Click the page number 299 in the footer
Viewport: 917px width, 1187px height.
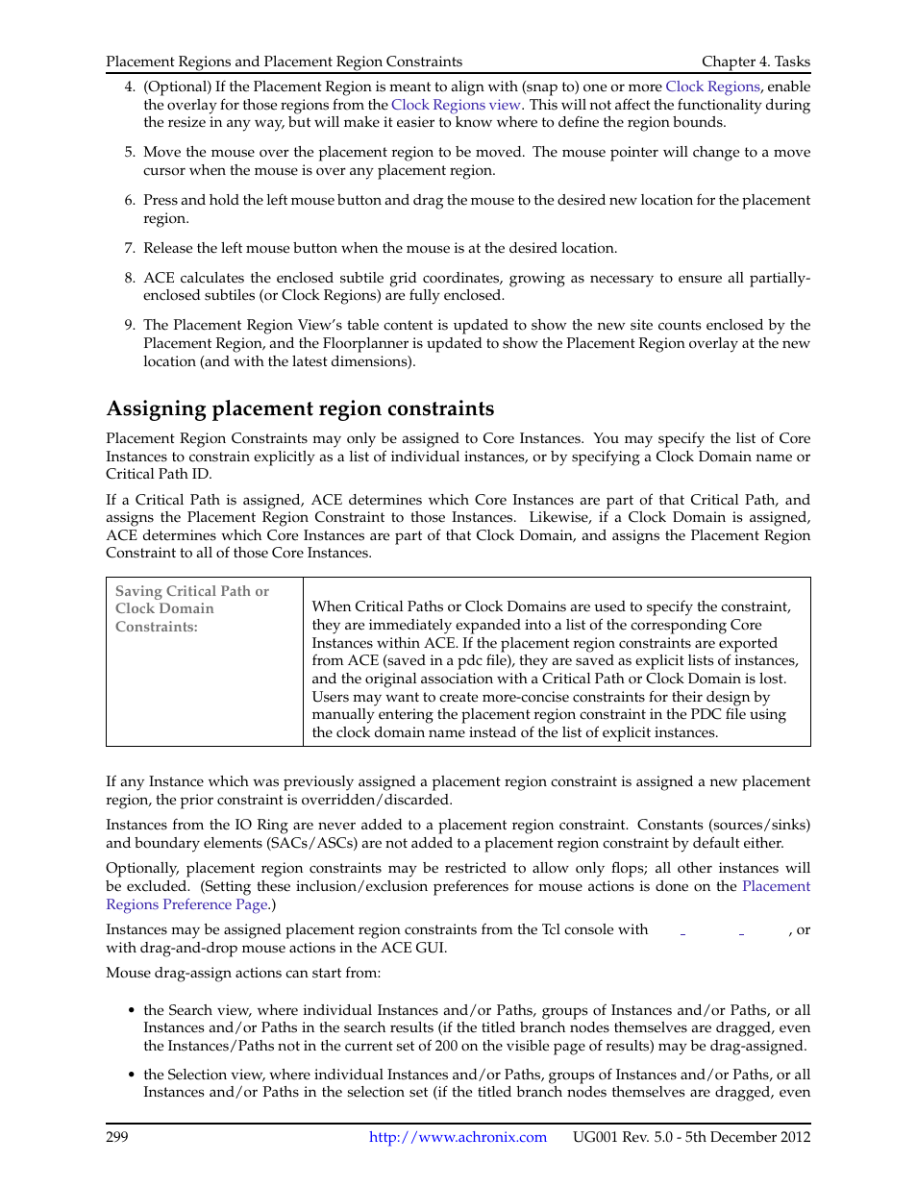117,1137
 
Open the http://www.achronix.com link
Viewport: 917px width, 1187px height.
458,1137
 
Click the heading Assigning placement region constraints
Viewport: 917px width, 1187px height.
300,408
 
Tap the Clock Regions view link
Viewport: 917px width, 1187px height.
456,105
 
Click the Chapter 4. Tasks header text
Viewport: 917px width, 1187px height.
756,62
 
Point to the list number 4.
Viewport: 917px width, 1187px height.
130,87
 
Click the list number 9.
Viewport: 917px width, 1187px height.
130,325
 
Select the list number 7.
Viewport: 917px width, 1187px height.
130,248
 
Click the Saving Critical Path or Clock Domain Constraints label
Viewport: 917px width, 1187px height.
191,608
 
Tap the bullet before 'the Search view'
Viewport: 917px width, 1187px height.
131,1010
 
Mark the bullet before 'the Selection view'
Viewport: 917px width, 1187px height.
131,1075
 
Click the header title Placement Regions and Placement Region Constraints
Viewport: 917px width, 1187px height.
284,62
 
